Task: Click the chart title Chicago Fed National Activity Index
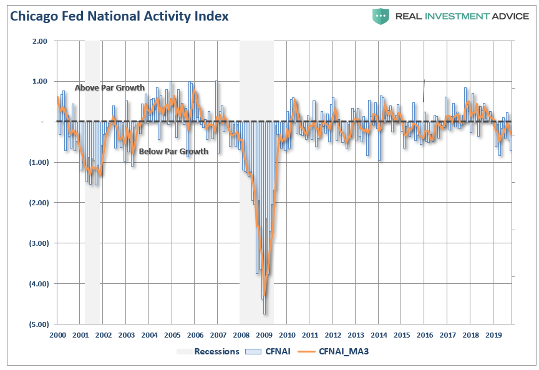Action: click(119, 16)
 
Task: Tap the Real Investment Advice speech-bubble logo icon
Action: click(381, 16)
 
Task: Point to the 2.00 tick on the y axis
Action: click(39, 41)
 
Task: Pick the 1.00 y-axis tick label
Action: click(39, 81)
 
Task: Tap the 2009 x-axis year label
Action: click(265, 336)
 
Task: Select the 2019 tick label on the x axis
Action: click(494, 336)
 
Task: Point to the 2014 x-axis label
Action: click(379, 336)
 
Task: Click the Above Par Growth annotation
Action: click(109, 88)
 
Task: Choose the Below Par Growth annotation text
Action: click(173, 152)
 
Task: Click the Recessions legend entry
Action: click(216, 351)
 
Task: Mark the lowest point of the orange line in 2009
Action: click(265, 295)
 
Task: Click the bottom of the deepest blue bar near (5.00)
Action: click(265, 314)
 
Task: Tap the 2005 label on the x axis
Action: click(172, 336)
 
